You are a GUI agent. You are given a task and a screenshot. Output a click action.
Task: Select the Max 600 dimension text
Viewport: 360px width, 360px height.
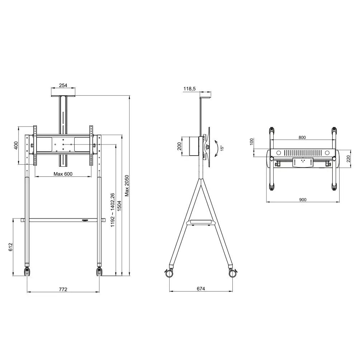[x=63, y=174]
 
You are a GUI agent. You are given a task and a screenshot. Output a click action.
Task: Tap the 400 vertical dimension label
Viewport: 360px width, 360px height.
[x=16, y=146]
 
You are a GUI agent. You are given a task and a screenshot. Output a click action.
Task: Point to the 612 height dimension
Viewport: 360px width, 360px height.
[x=10, y=247]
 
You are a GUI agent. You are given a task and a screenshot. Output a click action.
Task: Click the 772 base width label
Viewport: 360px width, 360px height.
[x=63, y=289]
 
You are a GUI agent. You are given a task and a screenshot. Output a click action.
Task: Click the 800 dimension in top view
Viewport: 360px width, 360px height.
[x=302, y=137]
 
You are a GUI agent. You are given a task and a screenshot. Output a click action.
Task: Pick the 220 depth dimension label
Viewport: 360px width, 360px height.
[x=348, y=158]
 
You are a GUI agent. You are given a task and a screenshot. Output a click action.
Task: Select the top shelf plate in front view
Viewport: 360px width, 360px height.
[x=63, y=96]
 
